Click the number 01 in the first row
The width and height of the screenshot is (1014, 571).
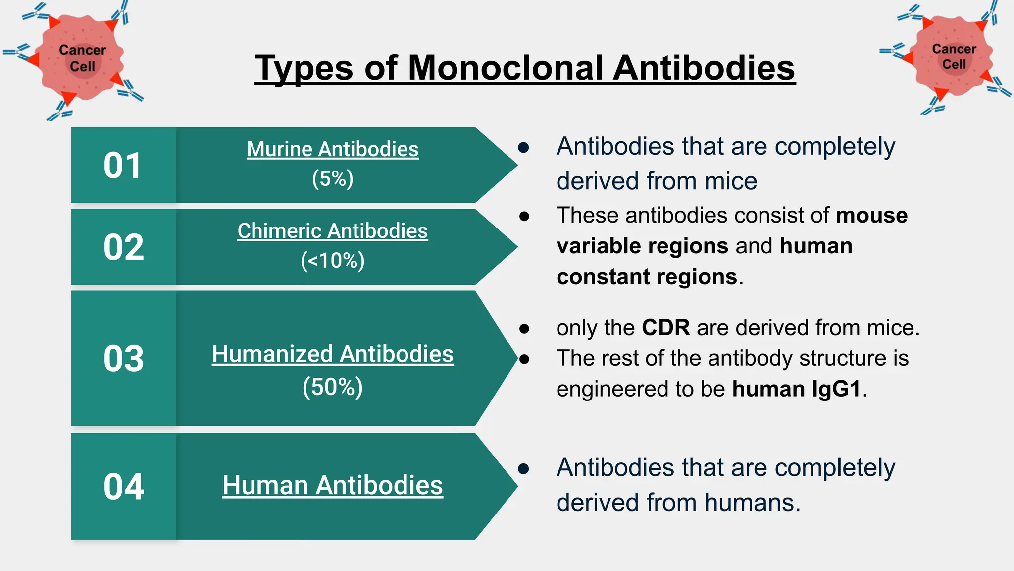click(123, 166)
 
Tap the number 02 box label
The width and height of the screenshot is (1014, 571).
click(124, 247)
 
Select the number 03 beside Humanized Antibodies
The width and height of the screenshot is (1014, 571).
click(124, 359)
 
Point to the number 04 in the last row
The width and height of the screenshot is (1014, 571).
click(124, 487)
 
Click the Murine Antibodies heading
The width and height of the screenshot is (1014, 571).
click(333, 149)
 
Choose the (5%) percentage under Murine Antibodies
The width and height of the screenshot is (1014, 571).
click(333, 179)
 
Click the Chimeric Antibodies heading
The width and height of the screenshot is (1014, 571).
click(333, 231)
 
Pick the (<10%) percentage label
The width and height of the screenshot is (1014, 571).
click(333, 261)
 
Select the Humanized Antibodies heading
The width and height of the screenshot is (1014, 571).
click(333, 354)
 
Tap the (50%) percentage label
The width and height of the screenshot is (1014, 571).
click(333, 387)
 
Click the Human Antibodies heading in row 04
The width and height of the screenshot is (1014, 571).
click(333, 485)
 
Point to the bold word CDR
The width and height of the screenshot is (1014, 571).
click(665, 328)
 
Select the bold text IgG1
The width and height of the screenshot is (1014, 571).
click(836, 389)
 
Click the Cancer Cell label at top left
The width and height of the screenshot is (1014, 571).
click(82, 58)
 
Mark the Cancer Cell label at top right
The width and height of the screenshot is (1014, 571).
click(954, 57)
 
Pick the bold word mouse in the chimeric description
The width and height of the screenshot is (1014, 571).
click(871, 216)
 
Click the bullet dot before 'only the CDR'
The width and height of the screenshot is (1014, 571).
click(524, 328)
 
